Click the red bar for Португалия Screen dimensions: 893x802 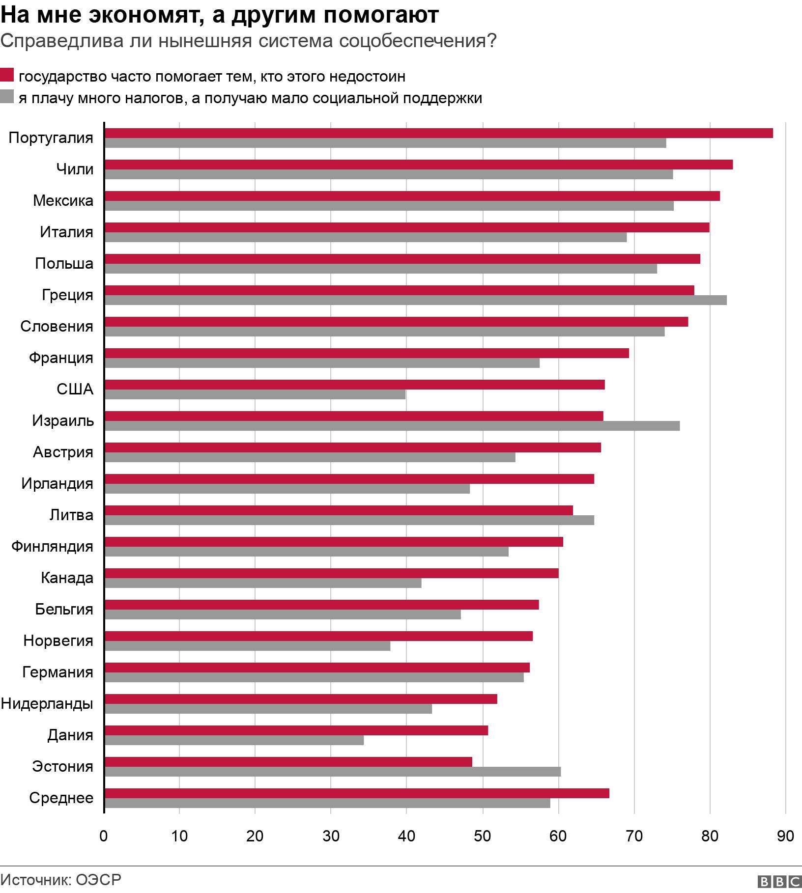coord(438,133)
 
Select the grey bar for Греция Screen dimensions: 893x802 coord(416,300)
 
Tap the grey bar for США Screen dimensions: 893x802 coord(255,394)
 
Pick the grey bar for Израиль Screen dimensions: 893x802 coord(392,426)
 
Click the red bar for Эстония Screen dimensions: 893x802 coord(288,762)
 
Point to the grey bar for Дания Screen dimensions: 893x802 coord(234,740)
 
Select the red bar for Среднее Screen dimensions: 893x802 coord(357,793)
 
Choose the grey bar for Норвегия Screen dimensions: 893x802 coord(248,646)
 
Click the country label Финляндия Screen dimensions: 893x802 coord(52,546)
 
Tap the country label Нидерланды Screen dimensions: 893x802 coord(47,703)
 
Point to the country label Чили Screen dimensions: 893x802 coord(75,169)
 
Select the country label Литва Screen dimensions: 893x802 coord(71,515)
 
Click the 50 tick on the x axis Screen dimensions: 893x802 coord(483,836)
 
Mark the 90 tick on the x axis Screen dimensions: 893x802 coord(785,836)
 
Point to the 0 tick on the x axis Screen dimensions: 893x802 coord(104,836)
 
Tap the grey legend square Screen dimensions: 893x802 coord(7,97)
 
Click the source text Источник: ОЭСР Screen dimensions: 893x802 coord(61,879)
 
